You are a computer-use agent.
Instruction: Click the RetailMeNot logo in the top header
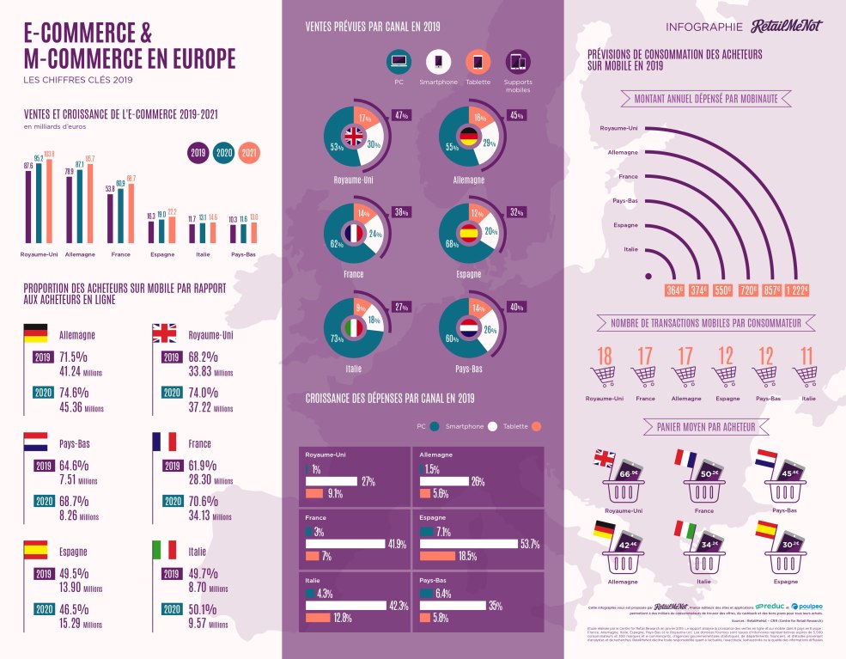786,26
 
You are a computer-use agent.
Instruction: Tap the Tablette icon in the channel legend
478,63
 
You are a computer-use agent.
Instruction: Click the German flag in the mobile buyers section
36,333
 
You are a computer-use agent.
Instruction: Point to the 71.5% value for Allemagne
73,356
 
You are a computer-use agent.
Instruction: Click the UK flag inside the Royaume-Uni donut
354,136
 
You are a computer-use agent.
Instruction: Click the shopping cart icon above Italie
806,376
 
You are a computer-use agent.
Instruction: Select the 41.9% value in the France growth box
396,543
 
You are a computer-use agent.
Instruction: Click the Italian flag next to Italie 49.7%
164,549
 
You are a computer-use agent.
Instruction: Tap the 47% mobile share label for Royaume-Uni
400,115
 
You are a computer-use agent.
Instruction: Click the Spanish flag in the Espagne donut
470,232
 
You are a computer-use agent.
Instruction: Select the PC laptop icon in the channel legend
398,62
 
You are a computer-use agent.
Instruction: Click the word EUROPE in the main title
194,58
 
